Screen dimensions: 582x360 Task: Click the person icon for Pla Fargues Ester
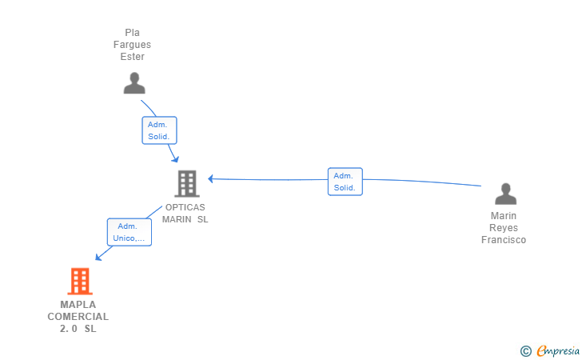[x=134, y=83]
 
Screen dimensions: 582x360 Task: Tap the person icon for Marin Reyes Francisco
[x=505, y=194]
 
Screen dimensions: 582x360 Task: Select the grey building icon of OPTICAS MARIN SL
[x=187, y=183]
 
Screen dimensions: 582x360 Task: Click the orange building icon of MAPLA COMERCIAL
[x=80, y=282]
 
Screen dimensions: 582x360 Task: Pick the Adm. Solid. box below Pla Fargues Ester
[x=159, y=130]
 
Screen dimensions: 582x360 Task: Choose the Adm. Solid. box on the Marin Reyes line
[x=345, y=182]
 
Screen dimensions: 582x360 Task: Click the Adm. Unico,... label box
[x=130, y=232]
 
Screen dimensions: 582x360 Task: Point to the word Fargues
[x=132, y=45]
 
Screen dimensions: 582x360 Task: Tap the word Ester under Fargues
[x=132, y=57]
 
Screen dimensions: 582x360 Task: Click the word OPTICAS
[x=185, y=207]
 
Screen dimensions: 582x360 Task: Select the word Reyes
[x=504, y=228]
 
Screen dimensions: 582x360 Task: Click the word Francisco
[x=504, y=240]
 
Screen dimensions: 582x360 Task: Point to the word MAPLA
[x=78, y=305]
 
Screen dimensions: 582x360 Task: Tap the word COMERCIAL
[x=78, y=317]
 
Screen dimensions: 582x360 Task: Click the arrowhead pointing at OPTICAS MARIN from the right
[x=210, y=178]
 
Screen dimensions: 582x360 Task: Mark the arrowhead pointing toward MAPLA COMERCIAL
[x=99, y=257]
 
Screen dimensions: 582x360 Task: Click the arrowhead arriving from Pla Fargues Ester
[x=175, y=159]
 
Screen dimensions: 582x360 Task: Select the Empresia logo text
[x=558, y=350]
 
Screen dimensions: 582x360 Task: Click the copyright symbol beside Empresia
[x=526, y=351]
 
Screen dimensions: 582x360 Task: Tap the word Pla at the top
[x=132, y=33]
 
